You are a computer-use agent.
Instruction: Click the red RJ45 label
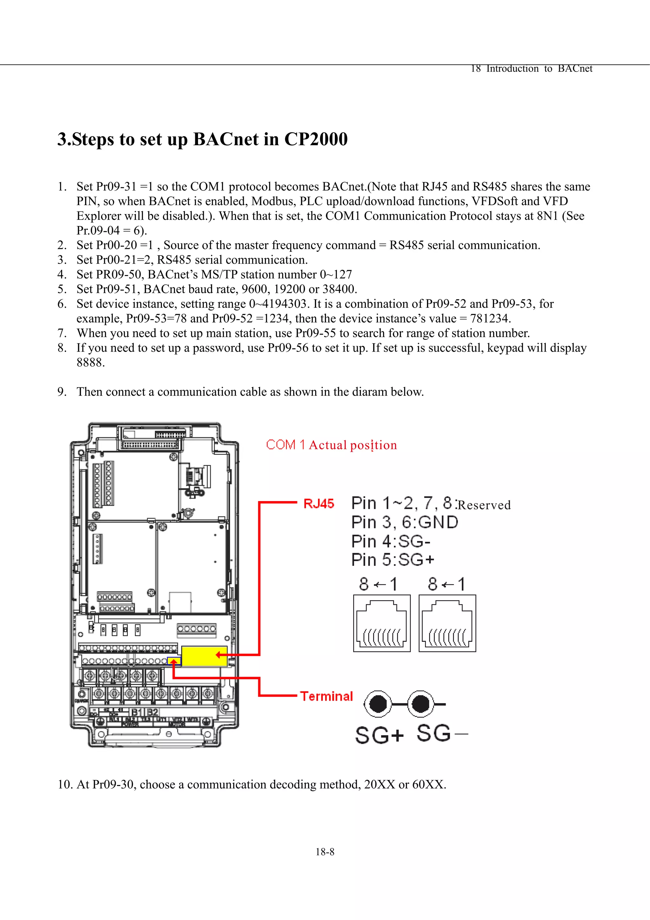pyautogui.click(x=318, y=504)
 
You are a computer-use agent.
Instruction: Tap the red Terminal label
pyautogui.click(x=326, y=696)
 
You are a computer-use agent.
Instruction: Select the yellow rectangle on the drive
pyautogui.click(x=204, y=656)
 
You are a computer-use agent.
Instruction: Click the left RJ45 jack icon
pyautogui.click(x=382, y=623)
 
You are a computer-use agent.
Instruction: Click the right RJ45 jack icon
pyautogui.click(x=447, y=623)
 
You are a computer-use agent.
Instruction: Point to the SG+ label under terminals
pyautogui.click(x=379, y=735)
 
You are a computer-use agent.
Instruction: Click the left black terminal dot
pyautogui.click(x=378, y=704)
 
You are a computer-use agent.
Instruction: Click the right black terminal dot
pyautogui.click(x=420, y=704)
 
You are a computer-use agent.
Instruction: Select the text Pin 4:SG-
pyautogui.click(x=390, y=541)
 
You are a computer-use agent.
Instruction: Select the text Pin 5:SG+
pyautogui.click(x=393, y=560)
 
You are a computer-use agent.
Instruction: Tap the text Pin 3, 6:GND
pyautogui.click(x=404, y=522)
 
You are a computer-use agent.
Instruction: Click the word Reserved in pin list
pyautogui.click(x=484, y=505)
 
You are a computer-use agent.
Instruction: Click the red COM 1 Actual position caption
pyautogui.click(x=331, y=445)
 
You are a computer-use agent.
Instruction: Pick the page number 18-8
pyautogui.click(x=325, y=852)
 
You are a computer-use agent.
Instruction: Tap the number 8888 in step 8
pyautogui.click(x=90, y=363)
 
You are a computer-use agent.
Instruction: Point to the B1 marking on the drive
pyautogui.click(x=137, y=712)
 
